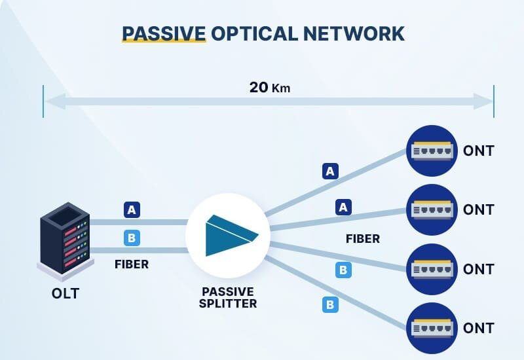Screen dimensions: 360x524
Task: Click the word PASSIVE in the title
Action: tap(164, 33)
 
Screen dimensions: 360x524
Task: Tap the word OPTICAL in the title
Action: tap(255, 33)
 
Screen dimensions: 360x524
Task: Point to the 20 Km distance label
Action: tap(269, 88)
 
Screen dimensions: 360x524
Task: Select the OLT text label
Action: tap(65, 293)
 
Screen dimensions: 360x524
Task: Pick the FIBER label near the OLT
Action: tap(132, 265)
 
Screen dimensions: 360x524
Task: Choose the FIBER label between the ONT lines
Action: tap(363, 239)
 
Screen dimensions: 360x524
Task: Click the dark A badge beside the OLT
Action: tap(132, 210)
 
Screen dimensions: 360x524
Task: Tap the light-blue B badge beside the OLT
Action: tap(132, 238)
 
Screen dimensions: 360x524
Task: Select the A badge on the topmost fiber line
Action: tap(331, 171)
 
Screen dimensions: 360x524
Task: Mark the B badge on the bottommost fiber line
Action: tap(331, 304)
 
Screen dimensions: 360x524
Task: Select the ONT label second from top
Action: tap(478, 210)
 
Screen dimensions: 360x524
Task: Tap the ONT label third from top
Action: tap(478, 269)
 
